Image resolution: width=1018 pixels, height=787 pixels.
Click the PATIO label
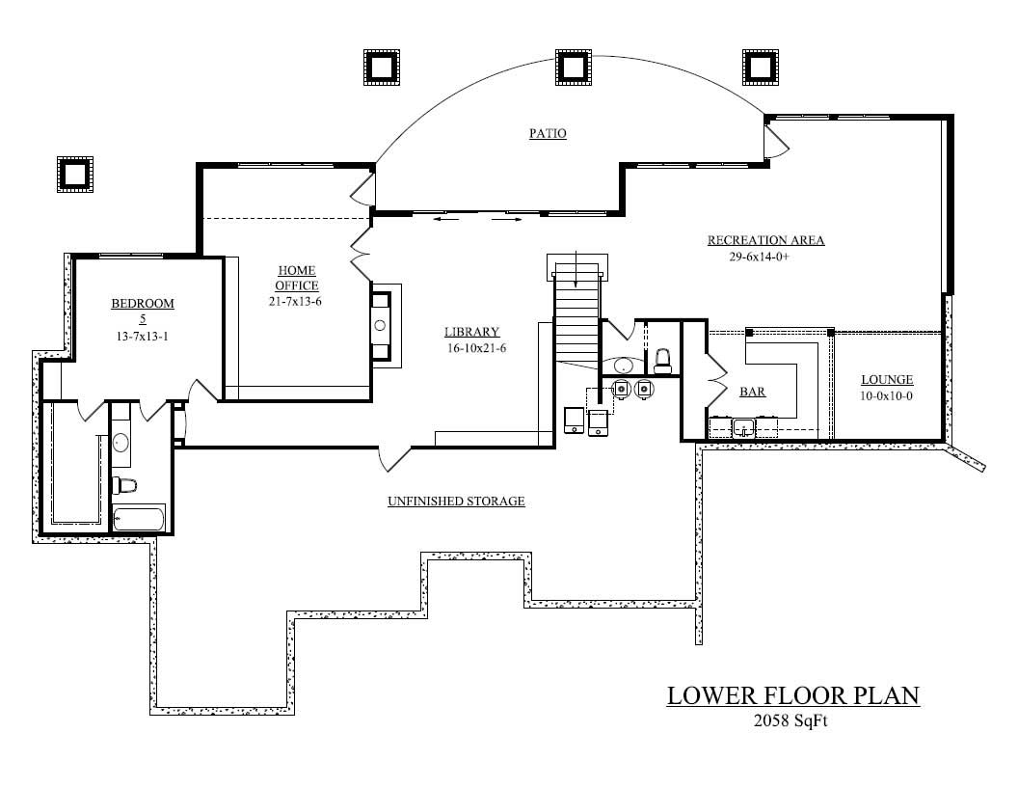point(547,133)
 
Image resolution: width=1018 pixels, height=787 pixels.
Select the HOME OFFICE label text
point(297,278)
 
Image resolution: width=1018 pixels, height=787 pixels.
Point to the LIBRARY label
point(471,332)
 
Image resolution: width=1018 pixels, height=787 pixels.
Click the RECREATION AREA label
point(765,240)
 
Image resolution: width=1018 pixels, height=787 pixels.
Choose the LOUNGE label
point(887,380)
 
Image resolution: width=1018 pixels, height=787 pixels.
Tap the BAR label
point(752,393)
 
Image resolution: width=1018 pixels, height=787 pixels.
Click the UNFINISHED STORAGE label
point(456,502)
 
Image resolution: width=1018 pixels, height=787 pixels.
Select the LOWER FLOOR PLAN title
point(792,695)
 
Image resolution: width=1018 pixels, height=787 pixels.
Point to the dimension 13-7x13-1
point(143,337)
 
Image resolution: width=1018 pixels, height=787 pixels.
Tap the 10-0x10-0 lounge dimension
point(887,396)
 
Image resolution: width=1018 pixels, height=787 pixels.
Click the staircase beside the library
point(576,318)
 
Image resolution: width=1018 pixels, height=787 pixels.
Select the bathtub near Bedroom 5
point(140,519)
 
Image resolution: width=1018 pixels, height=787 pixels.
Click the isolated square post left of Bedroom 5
point(74,174)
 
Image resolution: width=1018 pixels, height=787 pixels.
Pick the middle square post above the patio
point(573,66)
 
